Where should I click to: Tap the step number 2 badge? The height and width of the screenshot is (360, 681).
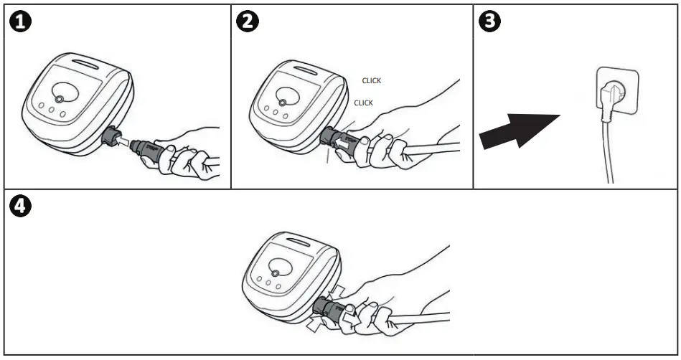[247, 22]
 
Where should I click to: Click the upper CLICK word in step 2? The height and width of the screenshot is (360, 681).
[371, 81]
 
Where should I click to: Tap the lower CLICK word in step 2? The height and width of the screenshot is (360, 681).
[364, 103]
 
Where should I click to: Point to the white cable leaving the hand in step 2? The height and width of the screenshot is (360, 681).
[431, 148]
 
